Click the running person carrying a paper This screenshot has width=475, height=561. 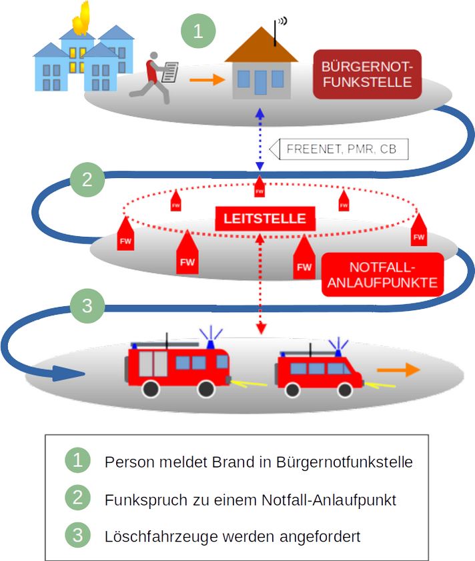click(155, 75)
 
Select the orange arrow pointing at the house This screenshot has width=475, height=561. click(205, 80)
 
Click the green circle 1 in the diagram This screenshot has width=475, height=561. click(198, 31)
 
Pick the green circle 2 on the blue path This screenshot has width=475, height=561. click(87, 179)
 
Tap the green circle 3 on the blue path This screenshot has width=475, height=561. click(87, 306)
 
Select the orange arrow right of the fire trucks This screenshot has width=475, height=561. click(397, 370)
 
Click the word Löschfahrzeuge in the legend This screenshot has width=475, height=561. click(147, 535)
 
